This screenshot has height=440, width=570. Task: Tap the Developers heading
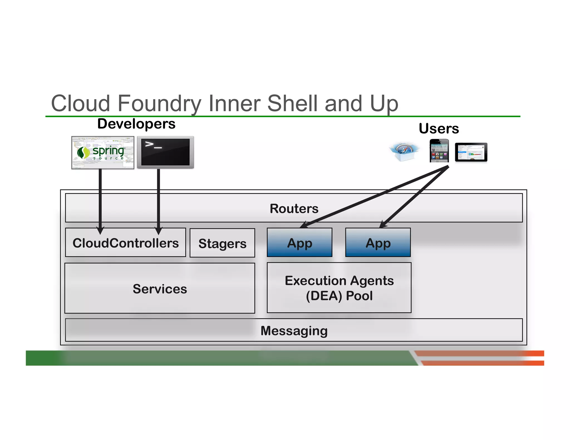pyautogui.click(x=136, y=124)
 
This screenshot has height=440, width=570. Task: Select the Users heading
pyautogui.click(x=439, y=128)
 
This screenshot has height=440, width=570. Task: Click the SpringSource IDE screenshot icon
pyautogui.click(x=103, y=152)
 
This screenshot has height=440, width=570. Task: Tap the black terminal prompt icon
pyautogui.click(x=165, y=152)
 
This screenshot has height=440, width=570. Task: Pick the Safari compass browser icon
pyautogui.click(x=404, y=152)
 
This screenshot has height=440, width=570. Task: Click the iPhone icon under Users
pyautogui.click(x=439, y=151)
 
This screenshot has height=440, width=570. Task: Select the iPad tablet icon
pyautogui.click(x=471, y=152)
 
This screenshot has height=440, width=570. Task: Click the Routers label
pyautogui.click(x=294, y=209)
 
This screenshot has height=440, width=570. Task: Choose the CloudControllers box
pyautogui.click(x=126, y=243)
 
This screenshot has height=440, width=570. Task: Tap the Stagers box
pyautogui.click(x=222, y=243)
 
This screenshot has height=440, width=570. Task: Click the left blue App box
pyautogui.click(x=299, y=243)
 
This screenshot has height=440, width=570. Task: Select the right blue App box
pyautogui.click(x=378, y=243)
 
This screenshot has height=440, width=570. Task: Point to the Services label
pyautogui.click(x=160, y=289)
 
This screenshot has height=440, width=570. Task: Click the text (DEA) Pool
pyautogui.click(x=339, y=296)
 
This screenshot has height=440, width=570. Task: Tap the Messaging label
pyautogui.click(x=294, y=331)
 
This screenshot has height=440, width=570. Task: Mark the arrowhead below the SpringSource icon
pyautogui.click(x=100, y=230)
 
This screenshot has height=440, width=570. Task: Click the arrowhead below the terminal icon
pyautogui.click(x=158, y=231)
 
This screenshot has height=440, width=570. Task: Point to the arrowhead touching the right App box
pyautogui.click(x=383, y=225)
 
